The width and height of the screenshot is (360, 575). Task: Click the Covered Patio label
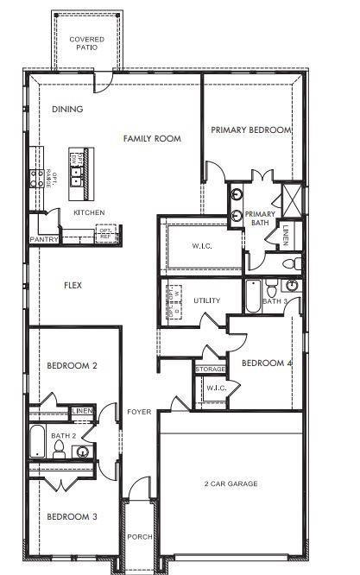[87, 43]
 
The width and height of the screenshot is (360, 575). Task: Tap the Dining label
[67, 110]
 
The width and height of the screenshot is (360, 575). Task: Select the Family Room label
[152, 138]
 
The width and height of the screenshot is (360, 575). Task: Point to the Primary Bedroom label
[251, 130]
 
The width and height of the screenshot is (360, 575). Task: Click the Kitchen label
[89, 212]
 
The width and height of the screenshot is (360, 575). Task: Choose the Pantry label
[42, 239]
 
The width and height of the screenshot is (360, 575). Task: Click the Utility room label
[207, 300]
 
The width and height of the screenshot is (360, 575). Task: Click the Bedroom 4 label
[267, 363]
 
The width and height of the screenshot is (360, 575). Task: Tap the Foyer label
[139, 412]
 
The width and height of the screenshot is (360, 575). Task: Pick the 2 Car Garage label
[231, 483]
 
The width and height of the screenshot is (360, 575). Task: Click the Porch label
[139, 536]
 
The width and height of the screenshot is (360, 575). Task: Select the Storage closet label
[211, 370]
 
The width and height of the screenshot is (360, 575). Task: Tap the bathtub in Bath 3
[252, 295]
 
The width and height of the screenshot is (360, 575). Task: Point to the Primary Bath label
[260, 218]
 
